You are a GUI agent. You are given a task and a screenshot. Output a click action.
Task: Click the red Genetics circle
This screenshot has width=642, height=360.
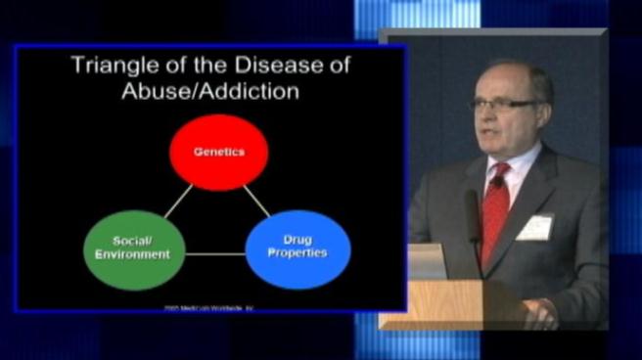click(x=218, y=153)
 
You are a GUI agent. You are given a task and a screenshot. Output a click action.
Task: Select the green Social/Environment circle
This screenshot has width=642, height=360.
click(x=135, y=249)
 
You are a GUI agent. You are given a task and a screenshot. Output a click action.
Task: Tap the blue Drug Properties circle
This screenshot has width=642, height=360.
click(x=298, y=249)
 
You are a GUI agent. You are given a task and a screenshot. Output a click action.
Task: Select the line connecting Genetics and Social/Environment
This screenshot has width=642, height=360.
click(x=177, y=202)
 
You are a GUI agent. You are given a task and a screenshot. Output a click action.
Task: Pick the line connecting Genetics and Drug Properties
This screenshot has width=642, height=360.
click(x=257, y=202)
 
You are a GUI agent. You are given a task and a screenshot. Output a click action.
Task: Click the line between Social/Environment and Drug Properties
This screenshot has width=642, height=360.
click(x=215, y=254)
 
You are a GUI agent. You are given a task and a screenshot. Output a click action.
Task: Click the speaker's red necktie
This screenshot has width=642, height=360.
click(x=495, y=209)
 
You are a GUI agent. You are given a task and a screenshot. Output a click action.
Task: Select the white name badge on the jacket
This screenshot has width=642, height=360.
click(x=534, y=227)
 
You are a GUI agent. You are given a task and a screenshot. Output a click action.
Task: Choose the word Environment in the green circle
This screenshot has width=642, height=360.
click(x=134, y=255)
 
